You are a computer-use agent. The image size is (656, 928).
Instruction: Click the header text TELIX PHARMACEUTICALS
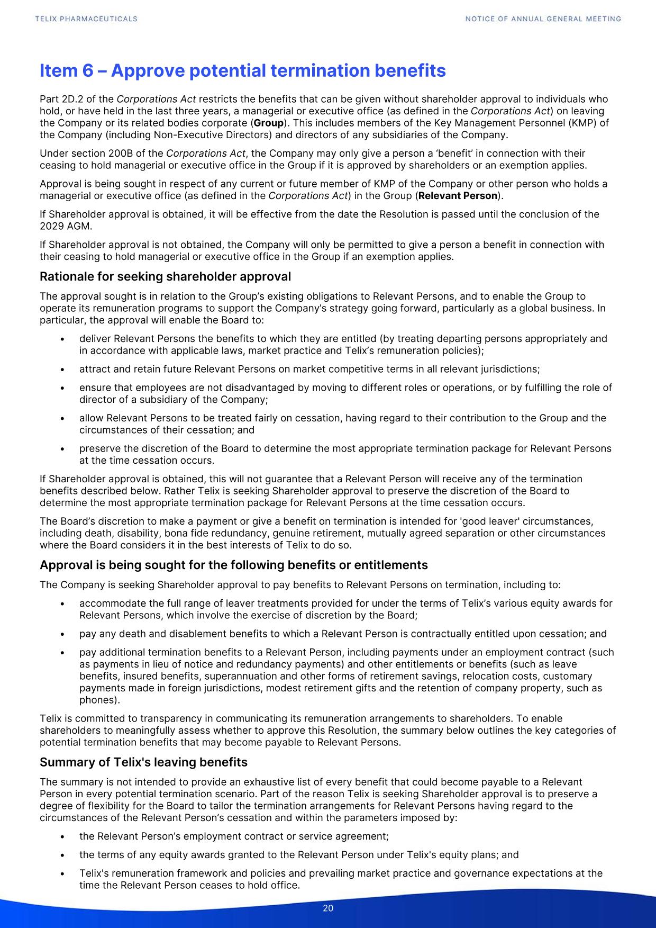pyautogui.click(x=86, y=19)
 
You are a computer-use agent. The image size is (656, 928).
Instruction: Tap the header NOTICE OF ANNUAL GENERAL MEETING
pyautogui.click(x=543, y=19)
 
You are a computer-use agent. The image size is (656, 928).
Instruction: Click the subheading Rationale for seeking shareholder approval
pyautogui.click(x=165, y=276)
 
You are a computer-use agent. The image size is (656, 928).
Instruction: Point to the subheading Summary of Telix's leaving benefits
pyautogui.click(x=143, y=762)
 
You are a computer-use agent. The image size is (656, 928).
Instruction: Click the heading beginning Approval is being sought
pyautogui.click(x=233, y=565)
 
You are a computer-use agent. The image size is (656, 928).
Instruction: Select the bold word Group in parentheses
pyautogui.click(x=269, y=123)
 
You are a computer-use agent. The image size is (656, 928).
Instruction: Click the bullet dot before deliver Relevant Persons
pyautogui.click(x=63, y=339)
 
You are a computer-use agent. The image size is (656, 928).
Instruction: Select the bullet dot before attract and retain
pyautogui.click(x=63, y=370)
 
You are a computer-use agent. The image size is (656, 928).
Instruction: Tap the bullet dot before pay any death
pyautogui.click(x=63, y=634)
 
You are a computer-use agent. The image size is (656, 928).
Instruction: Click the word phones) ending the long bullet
pyautogui.click(x=99, y=700)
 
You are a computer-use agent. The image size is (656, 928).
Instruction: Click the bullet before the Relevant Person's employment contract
pyautogui.click(x=63, y=837)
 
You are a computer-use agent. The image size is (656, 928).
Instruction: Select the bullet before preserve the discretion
pyautogui.click(x=63, y=449)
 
